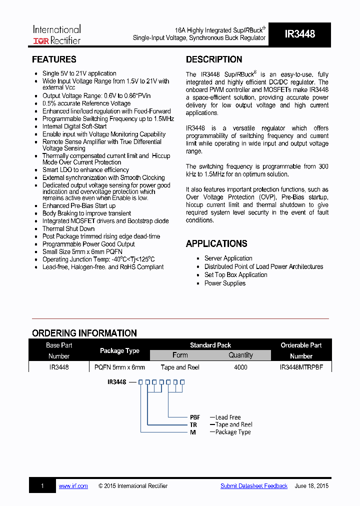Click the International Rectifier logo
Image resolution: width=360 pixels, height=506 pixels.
56,34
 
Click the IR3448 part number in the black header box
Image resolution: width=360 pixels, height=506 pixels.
299,34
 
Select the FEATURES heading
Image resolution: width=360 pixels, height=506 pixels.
54,59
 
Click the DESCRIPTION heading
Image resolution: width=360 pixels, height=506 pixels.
214,59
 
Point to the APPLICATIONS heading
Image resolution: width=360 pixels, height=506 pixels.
216,244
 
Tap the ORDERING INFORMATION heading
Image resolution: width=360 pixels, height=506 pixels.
84,333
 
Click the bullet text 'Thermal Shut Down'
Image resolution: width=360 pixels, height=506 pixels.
68,228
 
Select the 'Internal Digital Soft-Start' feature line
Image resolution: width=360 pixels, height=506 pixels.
74,126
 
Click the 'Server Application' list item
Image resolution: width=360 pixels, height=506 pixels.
228,258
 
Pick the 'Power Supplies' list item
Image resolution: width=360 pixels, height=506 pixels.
225,283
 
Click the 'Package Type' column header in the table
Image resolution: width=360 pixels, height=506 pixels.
119,350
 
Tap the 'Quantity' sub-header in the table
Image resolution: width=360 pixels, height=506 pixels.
240,355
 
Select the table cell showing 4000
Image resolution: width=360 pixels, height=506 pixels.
240,367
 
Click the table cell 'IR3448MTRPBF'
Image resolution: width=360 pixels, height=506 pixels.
301,367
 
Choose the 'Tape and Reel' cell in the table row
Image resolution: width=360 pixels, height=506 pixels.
180,367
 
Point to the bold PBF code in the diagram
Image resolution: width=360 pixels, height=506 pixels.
195,417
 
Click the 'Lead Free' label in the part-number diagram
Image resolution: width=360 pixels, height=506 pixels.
228,417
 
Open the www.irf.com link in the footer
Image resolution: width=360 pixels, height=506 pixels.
73,486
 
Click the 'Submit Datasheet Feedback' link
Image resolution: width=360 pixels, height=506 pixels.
254,486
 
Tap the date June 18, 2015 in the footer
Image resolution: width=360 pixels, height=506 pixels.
311,486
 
